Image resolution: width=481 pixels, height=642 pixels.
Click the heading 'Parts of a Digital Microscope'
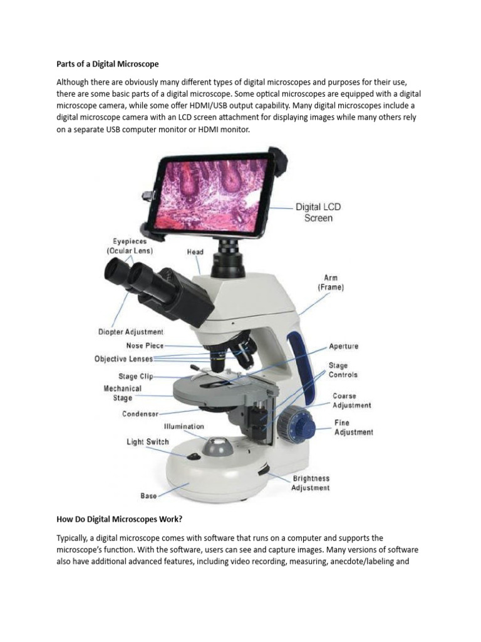tap(108, 64)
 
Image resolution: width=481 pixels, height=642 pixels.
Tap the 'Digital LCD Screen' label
tap(318, 213)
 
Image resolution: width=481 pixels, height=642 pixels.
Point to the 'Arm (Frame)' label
tap(330, 282)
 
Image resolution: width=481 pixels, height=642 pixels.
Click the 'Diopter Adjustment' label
tap(131, 332)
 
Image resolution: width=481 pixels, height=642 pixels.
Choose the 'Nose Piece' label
tap(145, 345)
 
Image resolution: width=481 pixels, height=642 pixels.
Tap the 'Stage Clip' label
tap(136, 376)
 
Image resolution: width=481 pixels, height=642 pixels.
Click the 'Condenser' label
tap(140, 414)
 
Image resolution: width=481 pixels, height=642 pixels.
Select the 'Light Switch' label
tap(148, 442)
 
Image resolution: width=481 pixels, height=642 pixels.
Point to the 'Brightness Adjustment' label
tap(311, 483)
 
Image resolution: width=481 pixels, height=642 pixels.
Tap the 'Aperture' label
tap(344, 346)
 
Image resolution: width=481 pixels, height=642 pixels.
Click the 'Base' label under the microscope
tap(148, 496)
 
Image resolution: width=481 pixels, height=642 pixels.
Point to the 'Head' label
tap(195, 252)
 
